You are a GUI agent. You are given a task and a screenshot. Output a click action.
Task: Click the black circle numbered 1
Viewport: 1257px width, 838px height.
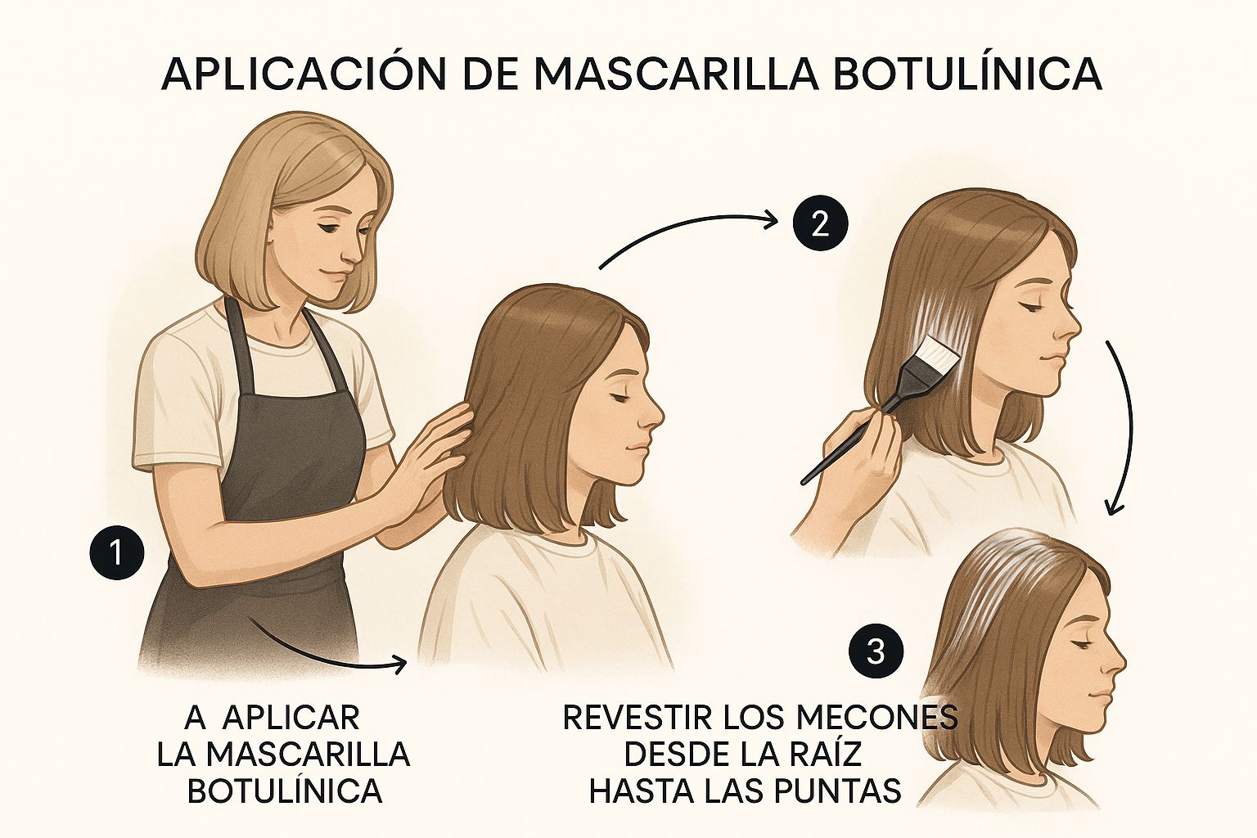click(x=117, y=552)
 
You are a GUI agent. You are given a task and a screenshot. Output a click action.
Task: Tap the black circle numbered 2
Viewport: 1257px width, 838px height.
click(x=820, y=226)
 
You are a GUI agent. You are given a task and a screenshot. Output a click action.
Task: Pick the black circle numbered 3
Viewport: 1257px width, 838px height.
click(x=876, y=653)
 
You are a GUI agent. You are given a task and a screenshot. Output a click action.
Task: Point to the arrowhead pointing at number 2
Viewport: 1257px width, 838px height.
click(x=772, y=221)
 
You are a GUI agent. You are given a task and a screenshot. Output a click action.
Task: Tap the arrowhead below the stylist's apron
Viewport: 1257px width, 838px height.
click(x=400, y=665)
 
